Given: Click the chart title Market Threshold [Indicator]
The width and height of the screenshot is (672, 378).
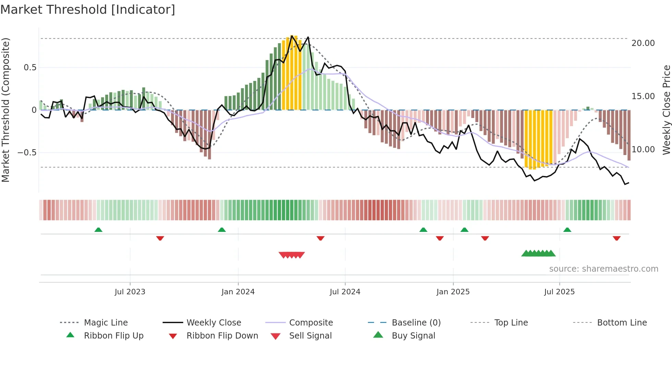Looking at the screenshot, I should [x=88, y=10].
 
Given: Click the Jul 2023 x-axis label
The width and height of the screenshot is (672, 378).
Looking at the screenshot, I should [x=130, y=292].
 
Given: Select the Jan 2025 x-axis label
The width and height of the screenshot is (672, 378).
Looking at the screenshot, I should [x=453, y=292].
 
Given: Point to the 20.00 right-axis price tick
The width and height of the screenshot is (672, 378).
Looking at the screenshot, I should [x=643, y=43].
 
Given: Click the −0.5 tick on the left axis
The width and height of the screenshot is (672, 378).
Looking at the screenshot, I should [x=27, y=152].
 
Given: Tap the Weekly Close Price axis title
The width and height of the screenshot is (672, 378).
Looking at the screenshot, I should [x=666, y=110].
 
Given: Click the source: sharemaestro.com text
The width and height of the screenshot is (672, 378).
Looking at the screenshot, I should [x=603, y=269].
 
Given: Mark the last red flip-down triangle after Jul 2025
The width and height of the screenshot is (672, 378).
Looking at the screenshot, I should [x=616, y=238].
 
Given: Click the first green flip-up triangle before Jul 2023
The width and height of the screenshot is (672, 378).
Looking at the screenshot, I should [x=98, y=230].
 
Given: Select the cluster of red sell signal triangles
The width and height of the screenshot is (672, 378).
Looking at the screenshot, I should [x=292, y=255].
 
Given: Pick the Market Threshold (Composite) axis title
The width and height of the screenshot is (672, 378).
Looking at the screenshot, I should [x=5, y=110].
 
